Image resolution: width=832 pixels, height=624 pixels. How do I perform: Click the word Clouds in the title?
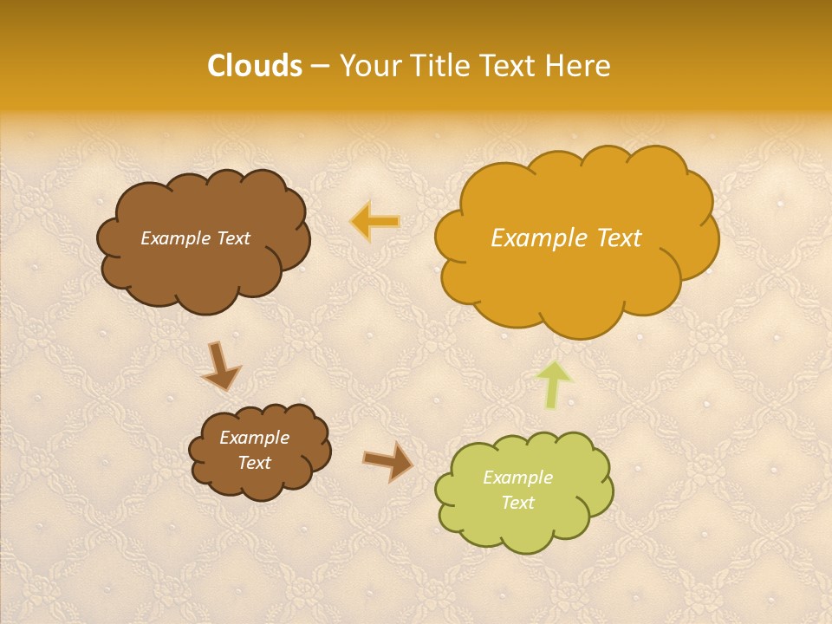255,66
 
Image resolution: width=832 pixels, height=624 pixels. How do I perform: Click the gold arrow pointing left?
376,222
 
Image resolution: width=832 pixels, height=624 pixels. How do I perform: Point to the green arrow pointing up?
555,384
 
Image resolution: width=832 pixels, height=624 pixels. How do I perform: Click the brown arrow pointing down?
222,366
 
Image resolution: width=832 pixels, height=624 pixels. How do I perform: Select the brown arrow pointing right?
388,462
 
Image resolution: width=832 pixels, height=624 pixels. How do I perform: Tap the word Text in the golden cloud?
619,238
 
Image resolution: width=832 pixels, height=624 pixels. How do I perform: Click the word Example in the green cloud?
517,478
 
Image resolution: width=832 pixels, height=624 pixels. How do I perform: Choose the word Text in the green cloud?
517,503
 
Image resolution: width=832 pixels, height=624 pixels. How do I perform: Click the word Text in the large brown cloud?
234,238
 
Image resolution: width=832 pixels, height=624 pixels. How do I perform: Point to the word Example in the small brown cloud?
254,438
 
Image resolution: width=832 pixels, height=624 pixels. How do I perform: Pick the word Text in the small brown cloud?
254,463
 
